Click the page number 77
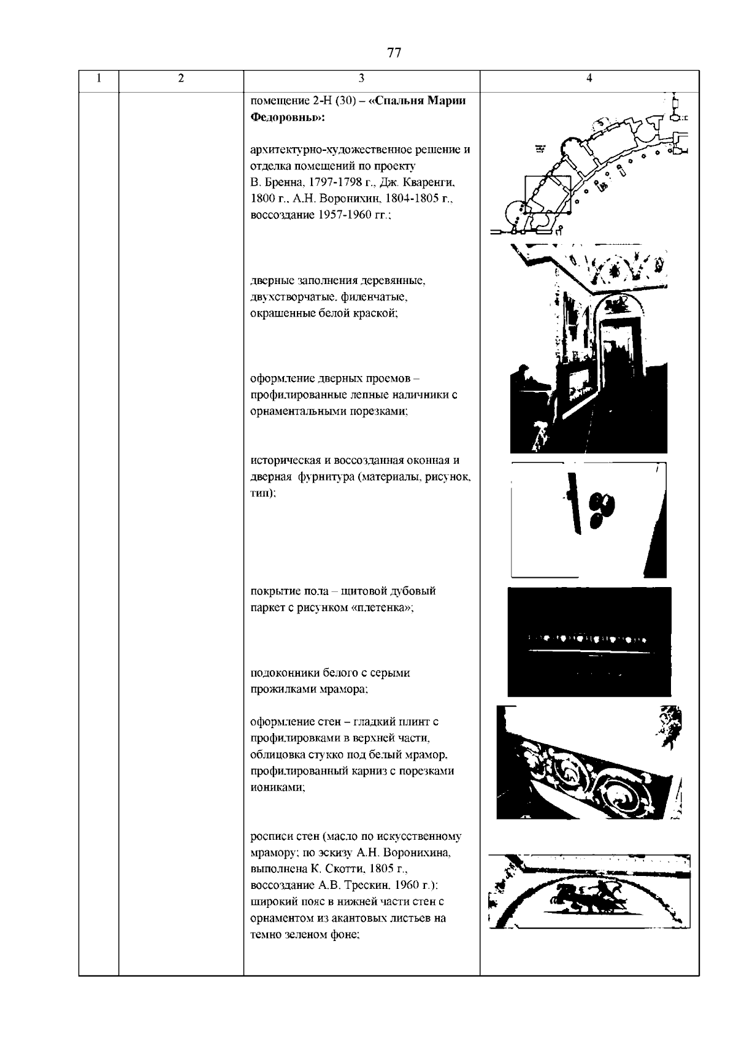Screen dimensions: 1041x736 point(394,53)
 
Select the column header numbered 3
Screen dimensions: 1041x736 point(361,78)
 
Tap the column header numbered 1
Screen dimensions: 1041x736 point(99,78)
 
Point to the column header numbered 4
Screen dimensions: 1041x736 point(589,78)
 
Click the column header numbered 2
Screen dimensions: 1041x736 point(180,78)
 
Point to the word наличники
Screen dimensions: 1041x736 point(416,395)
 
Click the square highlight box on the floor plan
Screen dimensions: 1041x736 point(547,194)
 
